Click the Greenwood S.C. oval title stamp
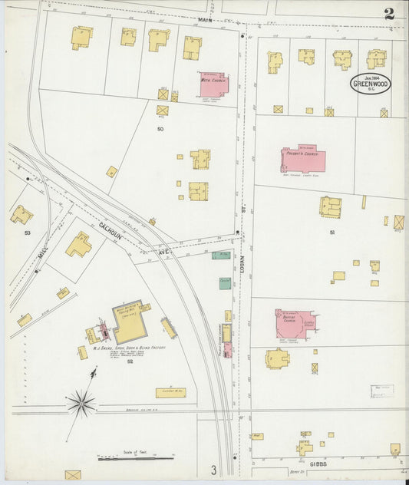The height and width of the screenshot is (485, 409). pos(370,83)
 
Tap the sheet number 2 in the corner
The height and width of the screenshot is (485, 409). pos(390,13)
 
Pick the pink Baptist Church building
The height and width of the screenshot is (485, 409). pos(294,323)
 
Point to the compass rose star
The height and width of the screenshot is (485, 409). pos(81,401)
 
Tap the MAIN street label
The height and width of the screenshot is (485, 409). pos(204,20)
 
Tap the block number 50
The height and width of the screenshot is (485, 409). pos(160,129)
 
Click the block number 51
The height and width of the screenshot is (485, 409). pos(331,232)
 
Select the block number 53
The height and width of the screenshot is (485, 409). pos(27,232)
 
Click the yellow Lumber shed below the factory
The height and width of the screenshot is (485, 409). pos(170,392)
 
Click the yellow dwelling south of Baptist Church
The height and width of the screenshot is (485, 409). pos(277,358)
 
